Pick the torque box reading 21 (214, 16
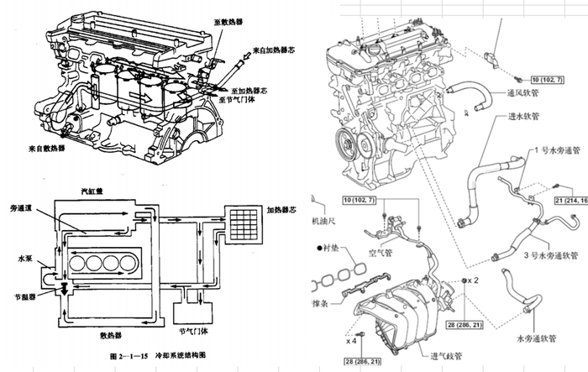click(570, 202)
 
